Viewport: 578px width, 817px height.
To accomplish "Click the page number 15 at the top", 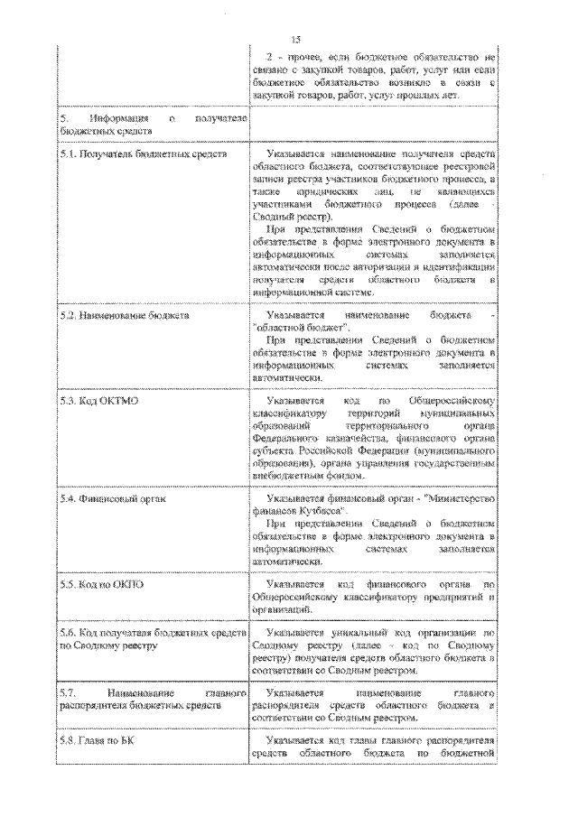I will coord(294,38).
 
